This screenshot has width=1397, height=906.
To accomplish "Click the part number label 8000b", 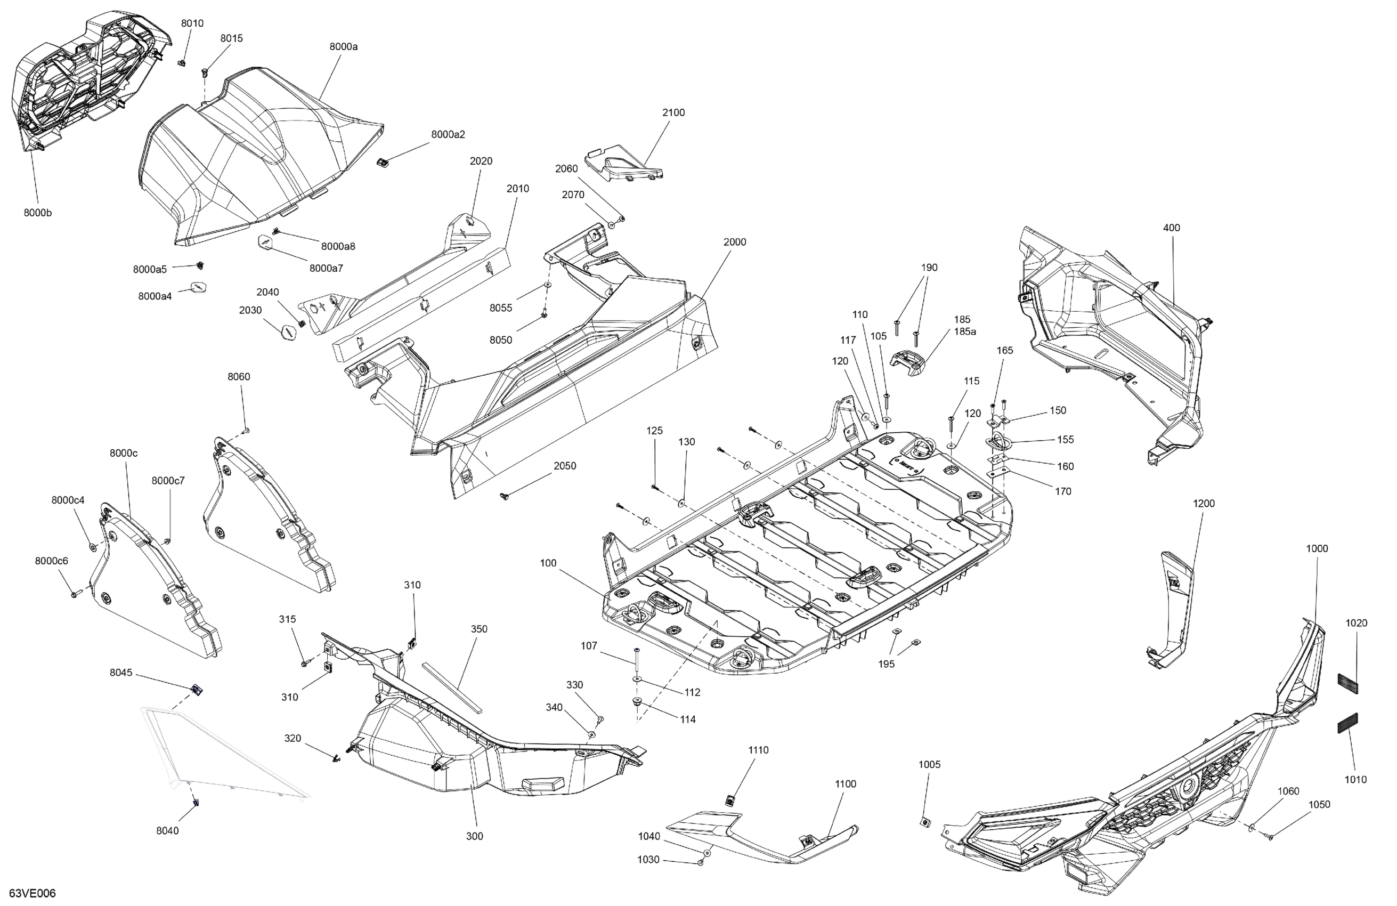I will click(38, 213).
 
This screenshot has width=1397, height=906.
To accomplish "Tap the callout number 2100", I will click(673, 113).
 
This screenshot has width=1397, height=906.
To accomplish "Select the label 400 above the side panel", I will click(1171, 228).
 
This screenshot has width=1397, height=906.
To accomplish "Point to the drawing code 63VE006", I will click(33, 894).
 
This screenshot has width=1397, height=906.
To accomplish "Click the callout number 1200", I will click(1204, 503).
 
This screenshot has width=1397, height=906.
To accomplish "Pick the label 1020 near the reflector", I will click(1357, 623).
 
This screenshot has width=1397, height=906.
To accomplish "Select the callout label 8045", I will click(121, 673).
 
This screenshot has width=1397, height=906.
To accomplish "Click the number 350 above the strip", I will click(479, 629).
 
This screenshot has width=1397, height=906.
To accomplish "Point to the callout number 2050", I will click(565, 466).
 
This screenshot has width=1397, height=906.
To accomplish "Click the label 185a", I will click(965, 331).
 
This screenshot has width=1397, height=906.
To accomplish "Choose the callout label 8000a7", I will click(327, 268).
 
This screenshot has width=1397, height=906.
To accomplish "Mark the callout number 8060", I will click(239, 377).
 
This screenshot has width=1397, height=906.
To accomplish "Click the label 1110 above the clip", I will click(758, 750).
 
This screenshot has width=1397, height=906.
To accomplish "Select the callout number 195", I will click(887, 664).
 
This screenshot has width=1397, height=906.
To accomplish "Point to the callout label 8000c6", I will click(52, 561).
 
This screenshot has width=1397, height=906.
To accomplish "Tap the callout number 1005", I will click(929, 764).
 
